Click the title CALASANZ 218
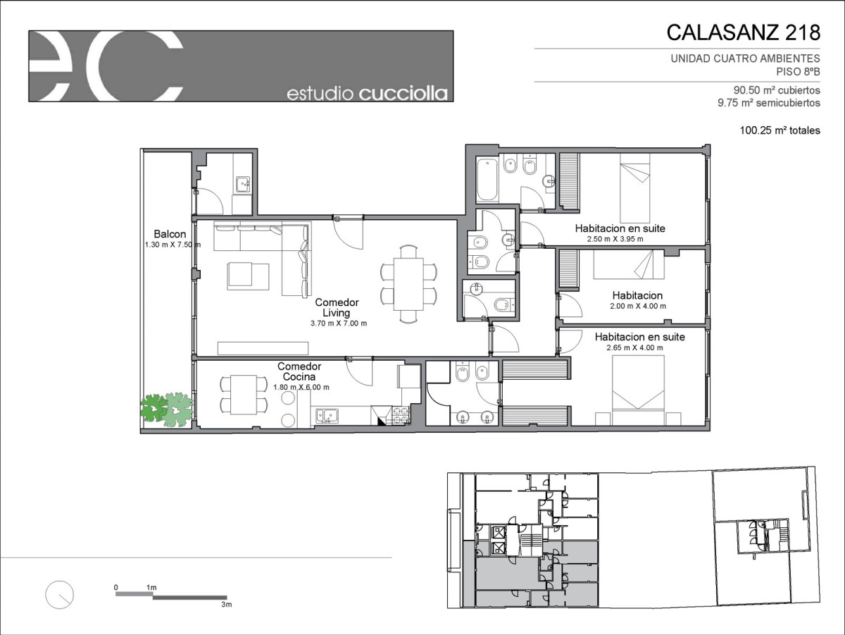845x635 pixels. (743, 32)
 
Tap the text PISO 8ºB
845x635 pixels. (798, 72)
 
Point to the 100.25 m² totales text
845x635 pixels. (780, 130)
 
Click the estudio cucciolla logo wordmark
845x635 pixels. (368, 94)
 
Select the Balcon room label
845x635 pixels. (170, 234)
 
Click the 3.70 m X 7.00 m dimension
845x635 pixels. (339, 323)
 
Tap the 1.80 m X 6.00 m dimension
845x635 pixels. (301, 387)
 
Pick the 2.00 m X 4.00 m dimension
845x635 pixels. (638, 307)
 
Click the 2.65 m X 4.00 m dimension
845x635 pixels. (635, 347)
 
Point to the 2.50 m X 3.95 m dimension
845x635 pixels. (615, 239)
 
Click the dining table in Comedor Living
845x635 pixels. (408, 284)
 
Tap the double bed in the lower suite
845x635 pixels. (638, 390)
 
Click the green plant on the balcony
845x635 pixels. (167, 409)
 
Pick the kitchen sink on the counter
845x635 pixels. (327, 416)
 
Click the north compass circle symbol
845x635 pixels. (59, 595)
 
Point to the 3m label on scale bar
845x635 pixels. (226, 604)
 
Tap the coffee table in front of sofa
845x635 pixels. (248, 276)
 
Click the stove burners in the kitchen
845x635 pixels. (401, 415)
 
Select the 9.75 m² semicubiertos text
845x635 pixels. (769, 103)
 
